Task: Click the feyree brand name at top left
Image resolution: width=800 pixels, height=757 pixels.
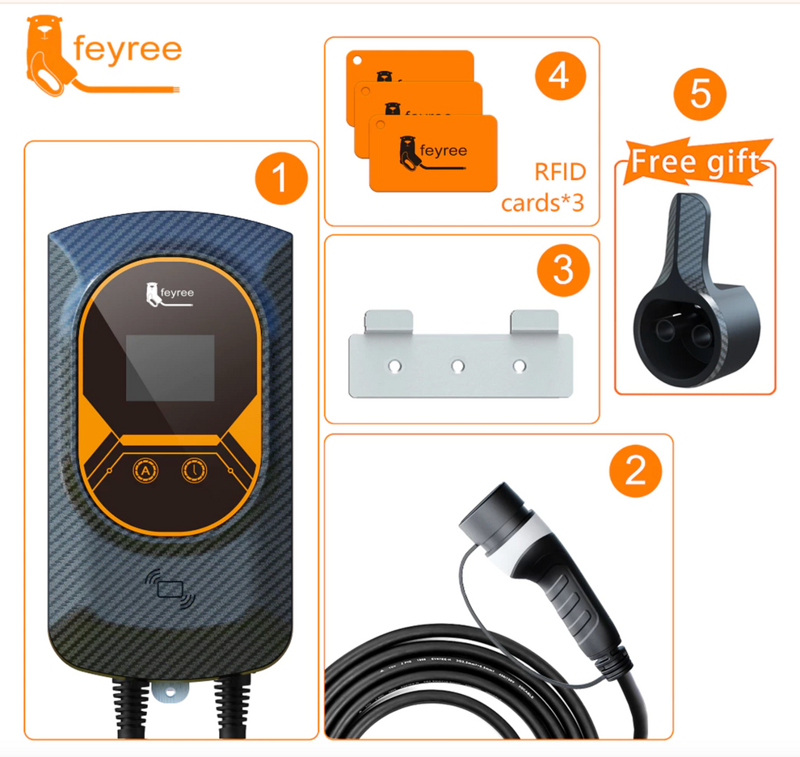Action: click(127, 50)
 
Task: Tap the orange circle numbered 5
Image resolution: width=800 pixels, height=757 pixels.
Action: click(700, 95)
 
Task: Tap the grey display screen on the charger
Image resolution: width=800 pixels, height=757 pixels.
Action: click(170, 368)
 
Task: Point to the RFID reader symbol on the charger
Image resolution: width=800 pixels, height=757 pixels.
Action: click(171, 588)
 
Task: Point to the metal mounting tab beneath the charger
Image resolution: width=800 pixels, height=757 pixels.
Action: click(171, 692)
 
